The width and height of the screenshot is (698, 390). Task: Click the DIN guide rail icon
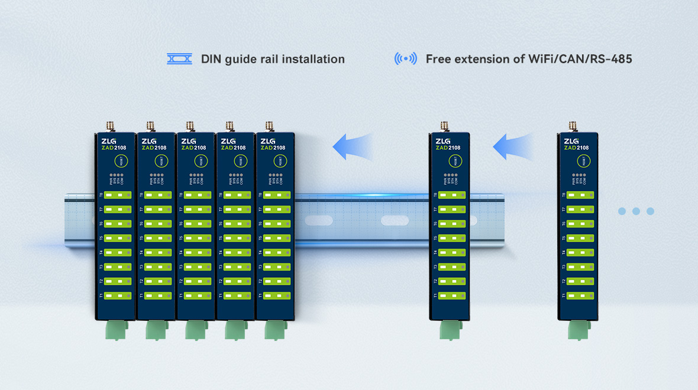pyautogui.click(x=179, y=59)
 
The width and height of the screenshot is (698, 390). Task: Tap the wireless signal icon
pyautogui.click(x=405, y=59)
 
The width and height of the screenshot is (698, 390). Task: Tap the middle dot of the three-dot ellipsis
pyautogui.click(x=636, y=211)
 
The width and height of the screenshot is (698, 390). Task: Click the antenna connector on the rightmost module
pyautogui.click(x=573, y=126)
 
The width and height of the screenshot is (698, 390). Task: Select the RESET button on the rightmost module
pyautogui.click(x=583, y=161)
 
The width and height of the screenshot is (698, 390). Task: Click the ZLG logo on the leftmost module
pyautogui.click(x=108, y=141)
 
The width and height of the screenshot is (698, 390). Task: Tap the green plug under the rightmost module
pyautogui.click(x=578, y=330)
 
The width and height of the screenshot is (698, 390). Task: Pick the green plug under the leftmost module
pyautogui.click(x=115, y=330)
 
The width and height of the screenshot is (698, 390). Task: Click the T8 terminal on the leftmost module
pyautogui.click(x=117, y=195)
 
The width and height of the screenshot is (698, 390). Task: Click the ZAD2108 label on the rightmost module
pyautogui.click(x=576, y=148)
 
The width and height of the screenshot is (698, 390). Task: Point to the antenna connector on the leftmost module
pyautogui.click(x=109, y=126)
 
